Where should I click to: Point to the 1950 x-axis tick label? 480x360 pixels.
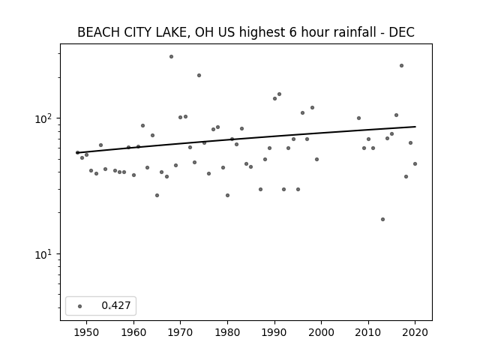(x=87, y=332)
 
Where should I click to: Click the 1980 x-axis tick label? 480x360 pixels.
(x=227, y=332)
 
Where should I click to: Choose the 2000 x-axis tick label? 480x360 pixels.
(x=322, y=332)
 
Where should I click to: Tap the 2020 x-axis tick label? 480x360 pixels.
(x=415, y=332)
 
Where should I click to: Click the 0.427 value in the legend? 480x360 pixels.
(x=116, y=305)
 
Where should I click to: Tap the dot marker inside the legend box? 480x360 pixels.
(x=80, y=306)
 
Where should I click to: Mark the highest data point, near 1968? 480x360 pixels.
(x=172, y=57)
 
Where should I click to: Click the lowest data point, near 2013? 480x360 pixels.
(x=382, y=220)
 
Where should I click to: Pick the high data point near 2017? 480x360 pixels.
(x=402, y=65)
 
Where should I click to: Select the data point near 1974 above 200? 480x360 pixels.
(x=199, y=75)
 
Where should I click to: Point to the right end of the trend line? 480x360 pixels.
(x=415, y=127)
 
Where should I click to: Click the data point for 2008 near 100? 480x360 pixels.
(x=358, y=118)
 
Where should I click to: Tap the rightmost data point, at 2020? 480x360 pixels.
(x=415, y=163)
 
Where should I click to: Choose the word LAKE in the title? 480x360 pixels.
(x=173, y=32)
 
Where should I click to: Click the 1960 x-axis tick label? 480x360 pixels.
(x=133, y=332)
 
